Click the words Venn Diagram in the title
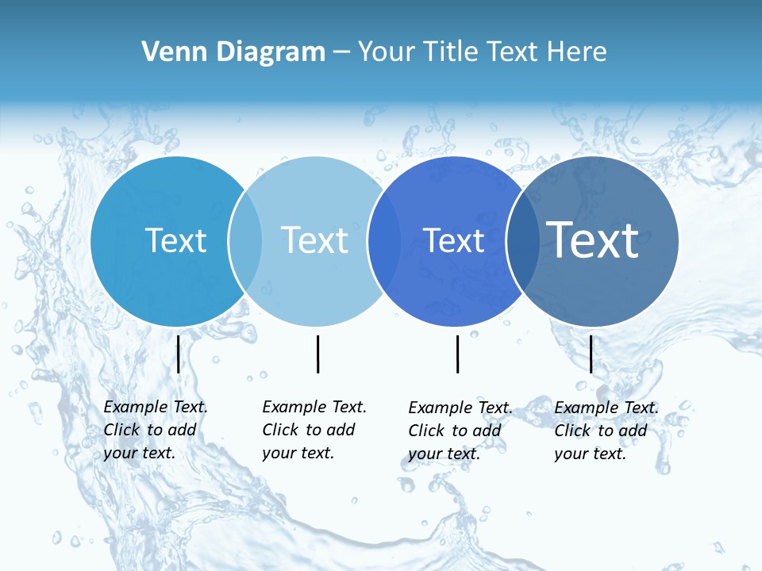point(233,52)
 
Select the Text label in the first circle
point(175,240)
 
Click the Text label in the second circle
point(314,240)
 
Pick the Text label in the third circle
point(453,240)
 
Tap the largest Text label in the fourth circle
point(593,240)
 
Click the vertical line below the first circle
point(178,354)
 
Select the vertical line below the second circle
point(317,354)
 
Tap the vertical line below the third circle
point(457,354)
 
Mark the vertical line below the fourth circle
point(591,354)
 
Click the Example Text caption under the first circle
point(156,430)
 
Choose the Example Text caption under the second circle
point(314,430)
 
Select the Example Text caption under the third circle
point(460,431)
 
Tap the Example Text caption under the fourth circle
point(606,431)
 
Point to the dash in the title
point(341,52)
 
